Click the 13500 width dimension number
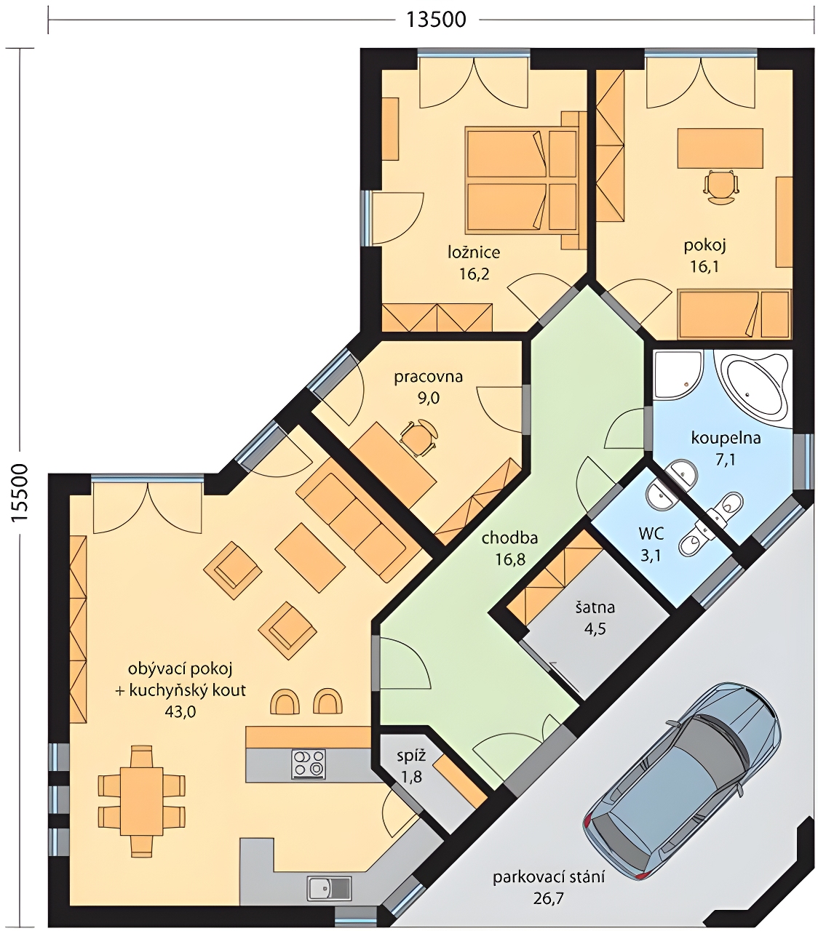click(436, 20)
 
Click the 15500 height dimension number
click(20, 492)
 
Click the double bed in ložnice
click(521, 180)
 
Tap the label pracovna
click(428, 377)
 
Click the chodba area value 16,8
click(510, 559)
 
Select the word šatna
click(595, 607)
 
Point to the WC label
click(651, 534)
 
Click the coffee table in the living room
click(310, 557)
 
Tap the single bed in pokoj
click(734, 314)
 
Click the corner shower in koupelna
click(678, 375)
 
